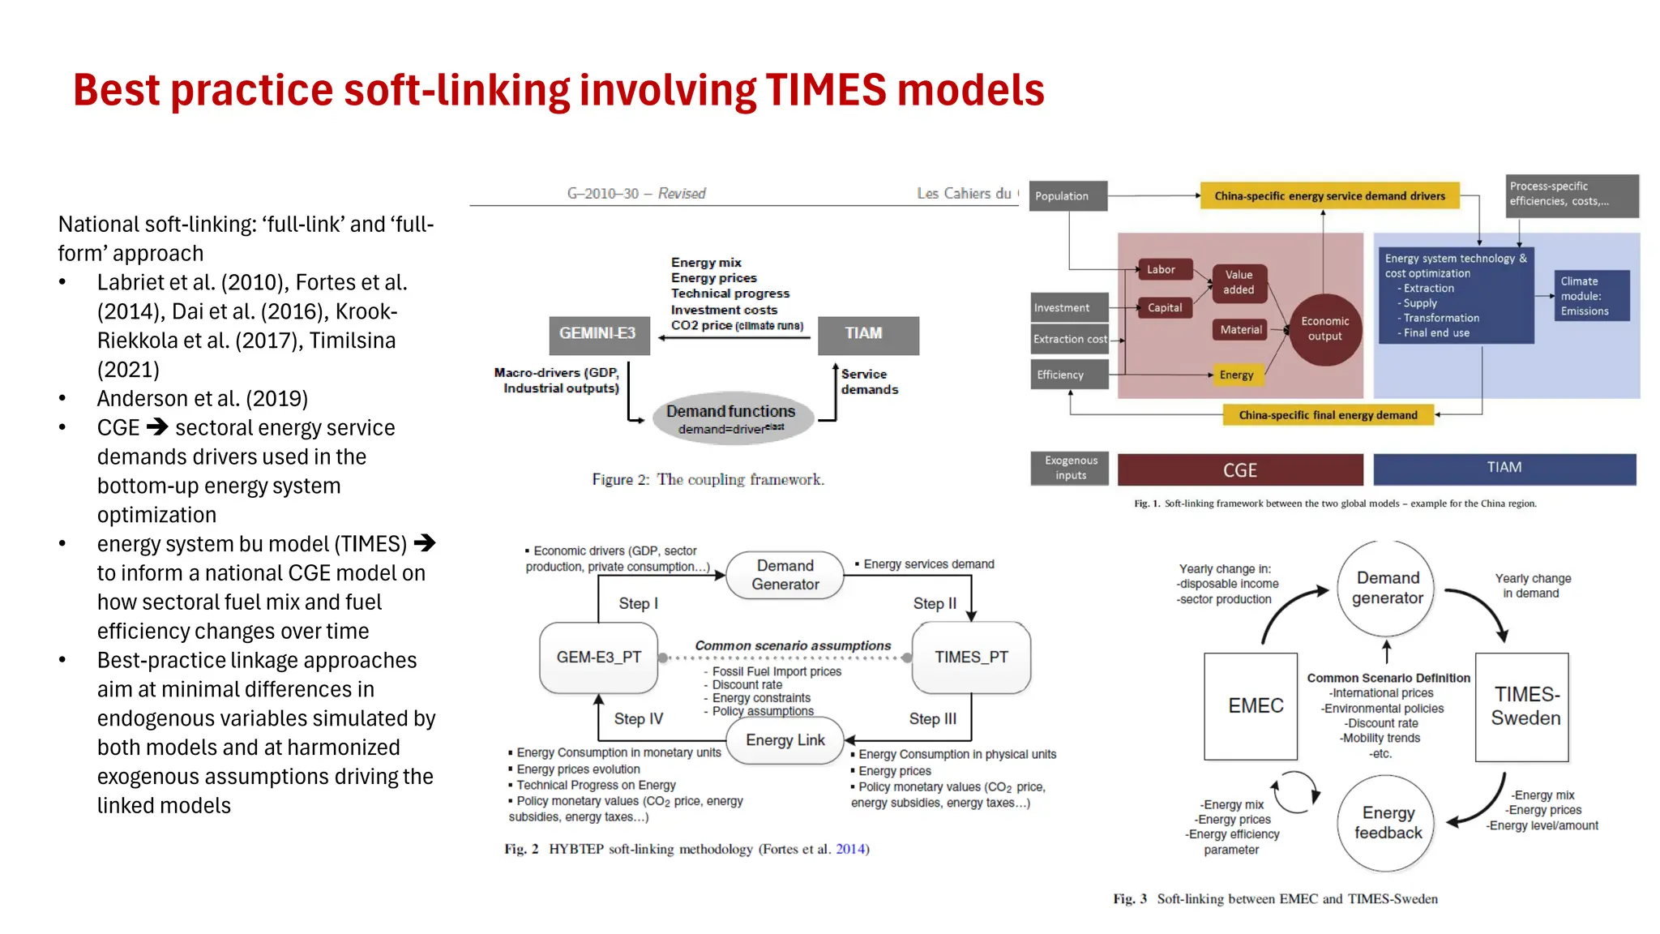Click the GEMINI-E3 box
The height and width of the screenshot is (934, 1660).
[x=599, y=335]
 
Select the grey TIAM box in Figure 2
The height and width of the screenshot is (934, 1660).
[x=868, y=335]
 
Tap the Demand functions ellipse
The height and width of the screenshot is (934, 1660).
[x=732, y=418]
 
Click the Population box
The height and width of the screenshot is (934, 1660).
[x=1067, y=196]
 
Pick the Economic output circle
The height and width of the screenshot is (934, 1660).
[x=1324, y=328]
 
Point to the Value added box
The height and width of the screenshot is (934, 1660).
[x=1239, y=282]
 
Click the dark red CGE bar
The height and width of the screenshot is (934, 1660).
[x=1239, y=470]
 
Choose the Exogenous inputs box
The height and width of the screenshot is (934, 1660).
[x=1070, y=468]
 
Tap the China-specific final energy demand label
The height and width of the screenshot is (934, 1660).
[x=1328, y=415]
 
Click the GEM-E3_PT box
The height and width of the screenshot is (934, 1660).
[x=598, y=658]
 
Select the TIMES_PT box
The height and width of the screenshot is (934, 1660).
[x=971, y=658]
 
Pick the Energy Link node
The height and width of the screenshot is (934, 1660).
[x=785, y=740]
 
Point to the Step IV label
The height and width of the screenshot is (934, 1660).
[x=638, y=719]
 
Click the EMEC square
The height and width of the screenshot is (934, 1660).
[x=1255, y=706]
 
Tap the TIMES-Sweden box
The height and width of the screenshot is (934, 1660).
[x=1525, y=706]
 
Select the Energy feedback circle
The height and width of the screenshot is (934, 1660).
[x=1387, y=823]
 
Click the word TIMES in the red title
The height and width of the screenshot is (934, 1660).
[x=825, y=90]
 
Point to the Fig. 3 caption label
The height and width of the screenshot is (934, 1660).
[x=1129, y=899]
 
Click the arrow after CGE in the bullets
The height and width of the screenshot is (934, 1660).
[x=157, y=427]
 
